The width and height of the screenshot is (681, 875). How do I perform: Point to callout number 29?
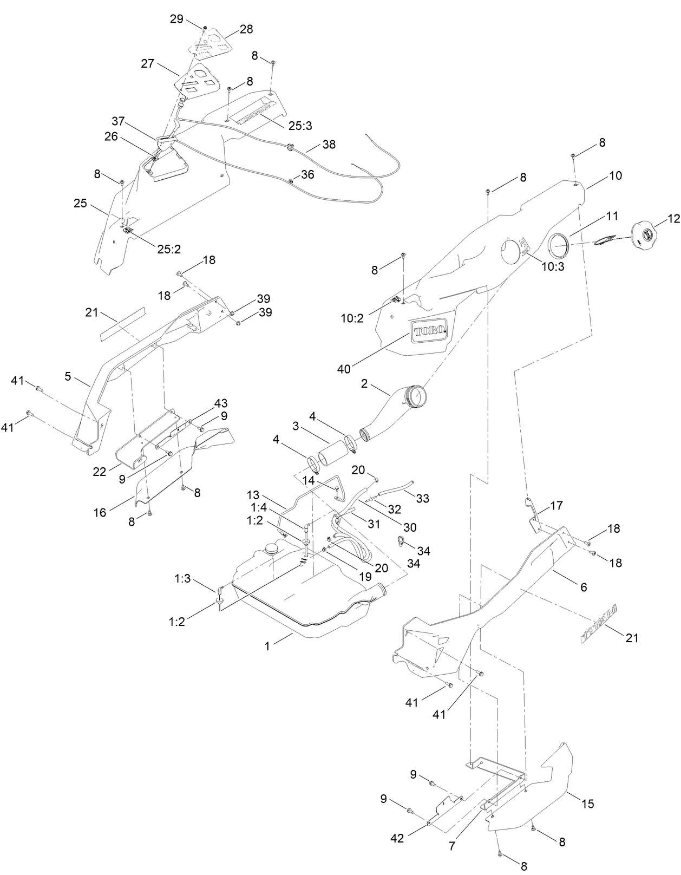coord(176,19)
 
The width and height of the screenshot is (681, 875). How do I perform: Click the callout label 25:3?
coord(300,126)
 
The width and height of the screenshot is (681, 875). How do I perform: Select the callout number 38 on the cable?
coord(329,145)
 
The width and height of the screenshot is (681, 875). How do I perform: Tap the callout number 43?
coord(220,403)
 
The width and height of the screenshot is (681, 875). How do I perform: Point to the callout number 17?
coord(556,506)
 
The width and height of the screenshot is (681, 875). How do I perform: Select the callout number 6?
coord(583,587)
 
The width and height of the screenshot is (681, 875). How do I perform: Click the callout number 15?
coord(587,804)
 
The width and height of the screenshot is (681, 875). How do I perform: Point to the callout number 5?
coord(68,376)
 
